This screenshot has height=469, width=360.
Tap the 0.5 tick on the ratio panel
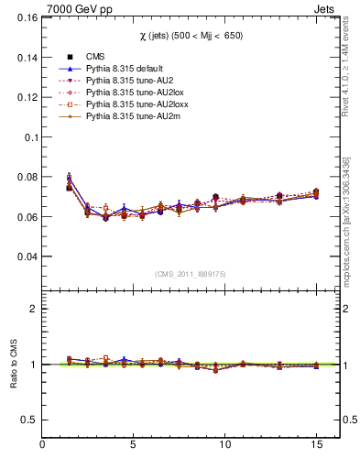pyautogui.click(x=27, y=420)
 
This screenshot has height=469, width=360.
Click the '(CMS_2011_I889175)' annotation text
pyautogui.click(x=191, y=272)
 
